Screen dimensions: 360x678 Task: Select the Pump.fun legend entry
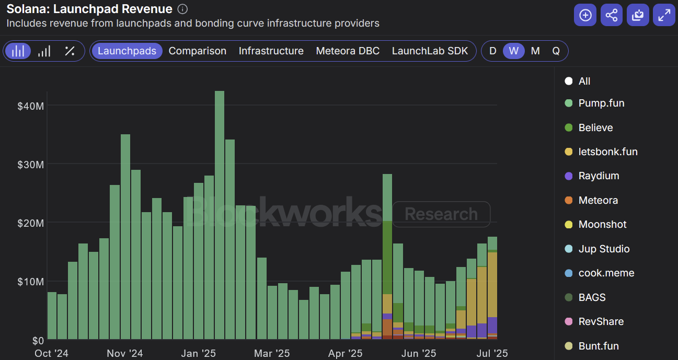click(x=601, y=103)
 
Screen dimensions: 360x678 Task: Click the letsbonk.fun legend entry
click(x=607, y=152)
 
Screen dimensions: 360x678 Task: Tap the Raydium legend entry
click(x=599, y=176)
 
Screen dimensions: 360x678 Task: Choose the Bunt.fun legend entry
click(x=599, y=346)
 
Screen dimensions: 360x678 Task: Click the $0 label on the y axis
click(x=37, y=340)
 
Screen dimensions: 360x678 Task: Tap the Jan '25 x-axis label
click(x=197, y=354)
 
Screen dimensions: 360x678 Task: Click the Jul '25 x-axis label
click(x=492, y=354)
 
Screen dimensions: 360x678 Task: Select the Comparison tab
click(x=198, y=51)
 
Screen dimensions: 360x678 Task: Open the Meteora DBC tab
click(x=348, y=51)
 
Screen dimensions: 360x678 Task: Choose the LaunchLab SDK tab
click(x=430, y=51)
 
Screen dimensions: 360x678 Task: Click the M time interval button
click(x=535, y=51)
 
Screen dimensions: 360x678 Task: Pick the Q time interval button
click(x=556, y=51)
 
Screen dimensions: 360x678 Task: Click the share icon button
click(x=611, y=15)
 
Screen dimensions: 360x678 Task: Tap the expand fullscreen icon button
click(x=664, y=15)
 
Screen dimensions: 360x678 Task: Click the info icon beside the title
click(x=182, y=9)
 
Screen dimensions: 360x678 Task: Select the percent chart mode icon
click(x=70, y=51)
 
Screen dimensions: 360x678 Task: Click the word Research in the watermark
click(x=441, y=214)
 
